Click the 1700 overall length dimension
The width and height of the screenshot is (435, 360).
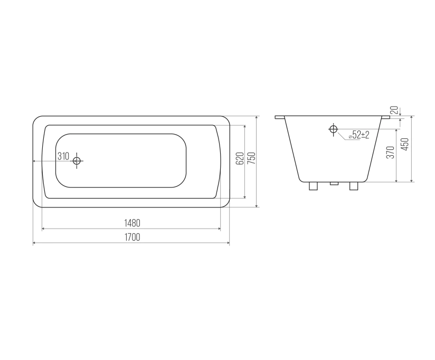click(132, 238)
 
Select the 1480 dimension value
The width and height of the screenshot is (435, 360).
click(132, 223)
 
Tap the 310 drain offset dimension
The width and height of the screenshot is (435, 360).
click(63, 156)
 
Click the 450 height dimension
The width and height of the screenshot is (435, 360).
click(405, 145)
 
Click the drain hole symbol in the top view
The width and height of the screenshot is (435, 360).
click(77, 160)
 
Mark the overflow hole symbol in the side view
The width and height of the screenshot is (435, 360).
click(333, 129)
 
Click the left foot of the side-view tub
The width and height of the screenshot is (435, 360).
click(312, 186)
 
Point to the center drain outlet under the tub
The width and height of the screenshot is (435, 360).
click(333, 184)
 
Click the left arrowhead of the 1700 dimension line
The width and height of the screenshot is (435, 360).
click(35, 243)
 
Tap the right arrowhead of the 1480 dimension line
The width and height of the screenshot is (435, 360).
click(218, 229)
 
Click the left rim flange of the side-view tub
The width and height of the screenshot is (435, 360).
click(280, 117)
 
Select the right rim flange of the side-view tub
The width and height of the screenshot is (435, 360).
click(385, 117)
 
